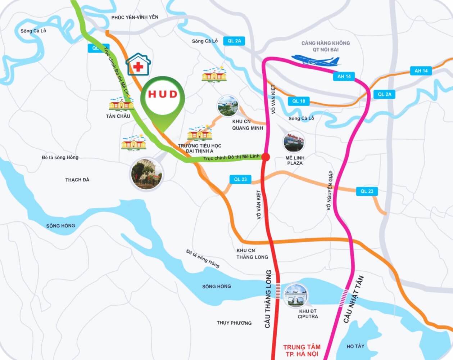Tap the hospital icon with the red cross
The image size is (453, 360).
(x=138, y=64)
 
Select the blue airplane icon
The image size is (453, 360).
(x=315, y=60)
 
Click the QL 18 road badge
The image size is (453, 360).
(x=299, y=101)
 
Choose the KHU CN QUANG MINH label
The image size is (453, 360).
(x=247, y=125)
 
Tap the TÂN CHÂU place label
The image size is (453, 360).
(x=118, y=116)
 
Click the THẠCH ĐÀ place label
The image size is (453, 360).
(x=77, y=180)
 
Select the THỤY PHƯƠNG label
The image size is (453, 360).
(x=234, y=323)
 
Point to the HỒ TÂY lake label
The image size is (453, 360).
(x=355, y=346)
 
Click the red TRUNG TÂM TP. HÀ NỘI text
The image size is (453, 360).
(x=302, y=350)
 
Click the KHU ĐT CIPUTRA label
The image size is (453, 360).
(x=308, y=314)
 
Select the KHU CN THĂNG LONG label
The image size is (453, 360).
(x=252, y=254)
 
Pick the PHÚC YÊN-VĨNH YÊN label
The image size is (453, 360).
(x=135, y=17)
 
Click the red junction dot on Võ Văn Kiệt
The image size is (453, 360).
(x=266, y=157)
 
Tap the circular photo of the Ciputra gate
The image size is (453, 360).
(x=296, y=295)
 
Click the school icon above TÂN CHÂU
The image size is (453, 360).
(x=121, y=104)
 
